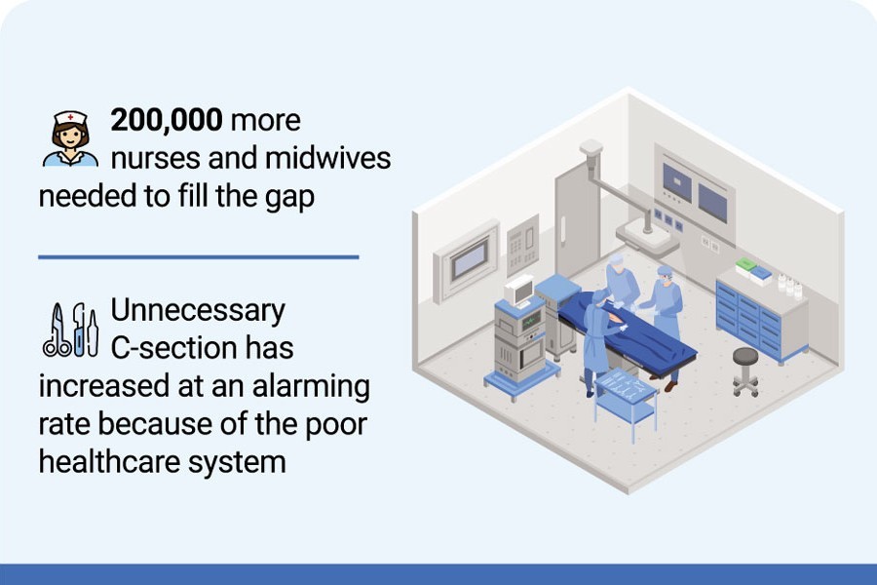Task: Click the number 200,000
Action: (166, 120)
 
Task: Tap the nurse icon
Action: (70, 138)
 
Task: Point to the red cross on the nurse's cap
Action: (70, 118)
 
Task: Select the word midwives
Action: (327, 158)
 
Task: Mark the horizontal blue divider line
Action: (199, 257)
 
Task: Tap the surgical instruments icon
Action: (70, 331)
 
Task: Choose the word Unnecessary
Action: (198, 311)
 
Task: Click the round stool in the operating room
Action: (745, 371)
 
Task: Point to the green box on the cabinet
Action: (745, 265)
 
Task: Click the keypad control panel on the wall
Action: (522, 245)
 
